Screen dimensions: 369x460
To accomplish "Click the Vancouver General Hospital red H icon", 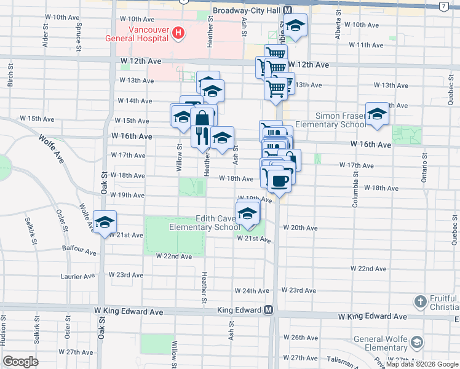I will tap(178, 33).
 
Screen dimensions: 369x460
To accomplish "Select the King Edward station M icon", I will tap(268, 311).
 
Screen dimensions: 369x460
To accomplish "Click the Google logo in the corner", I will tap(21, 361).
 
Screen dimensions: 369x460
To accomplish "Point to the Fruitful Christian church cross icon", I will tap(420, 302).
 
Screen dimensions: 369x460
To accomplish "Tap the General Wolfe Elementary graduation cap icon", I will tap(417, 342).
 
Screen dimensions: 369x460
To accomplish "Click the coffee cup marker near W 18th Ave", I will tap(279, 181).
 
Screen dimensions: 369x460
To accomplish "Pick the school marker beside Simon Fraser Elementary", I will tap(377, 114).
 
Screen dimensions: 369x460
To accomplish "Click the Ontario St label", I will tap(424, 167).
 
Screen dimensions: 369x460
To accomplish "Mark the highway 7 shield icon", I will tap(443, 6).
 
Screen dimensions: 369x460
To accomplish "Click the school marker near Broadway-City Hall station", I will tap(295, 25).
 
